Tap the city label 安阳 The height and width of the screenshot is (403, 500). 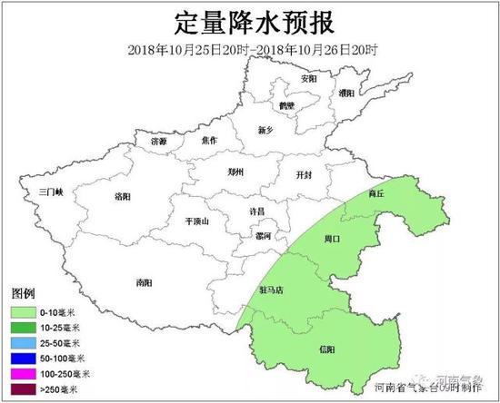click(309, 79)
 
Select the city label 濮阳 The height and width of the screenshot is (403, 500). click(346, 93)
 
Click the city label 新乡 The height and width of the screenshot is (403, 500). click(265, 130)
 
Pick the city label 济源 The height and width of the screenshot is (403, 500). click(159, 142)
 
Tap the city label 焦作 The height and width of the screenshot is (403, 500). click(210, 140)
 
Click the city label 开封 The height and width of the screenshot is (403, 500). click(305, 173)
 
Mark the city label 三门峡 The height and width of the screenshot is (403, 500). click(42, 192)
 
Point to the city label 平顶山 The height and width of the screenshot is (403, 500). click(196, 221)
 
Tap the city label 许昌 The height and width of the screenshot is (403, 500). click(258, 211)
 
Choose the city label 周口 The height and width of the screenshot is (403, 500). click(332, 240)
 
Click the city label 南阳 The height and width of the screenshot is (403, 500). click(143, 282)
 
